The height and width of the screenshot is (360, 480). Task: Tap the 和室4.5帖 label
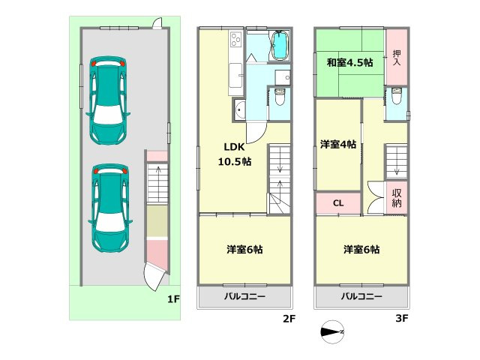click(x=349, y=63)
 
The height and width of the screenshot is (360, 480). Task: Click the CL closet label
click(x=338, y=202)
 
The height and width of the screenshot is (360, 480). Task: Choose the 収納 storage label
click(x=397, y=197)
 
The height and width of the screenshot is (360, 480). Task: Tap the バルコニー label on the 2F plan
click(x=245, y=297)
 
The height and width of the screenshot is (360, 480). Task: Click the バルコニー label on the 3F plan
click(x=362, y=297)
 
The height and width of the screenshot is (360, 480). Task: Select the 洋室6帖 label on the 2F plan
click(x=245, y=249)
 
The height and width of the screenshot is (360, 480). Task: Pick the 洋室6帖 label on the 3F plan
click(x=361, y=249)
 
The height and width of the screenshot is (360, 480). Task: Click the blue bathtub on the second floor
click(x=280, y=46)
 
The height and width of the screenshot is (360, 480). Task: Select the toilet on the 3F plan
click(x=396, y=96)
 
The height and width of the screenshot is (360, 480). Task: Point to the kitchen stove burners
click(x=234, y=39)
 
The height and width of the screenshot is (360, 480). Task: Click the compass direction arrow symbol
click(x=331, y=331)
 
